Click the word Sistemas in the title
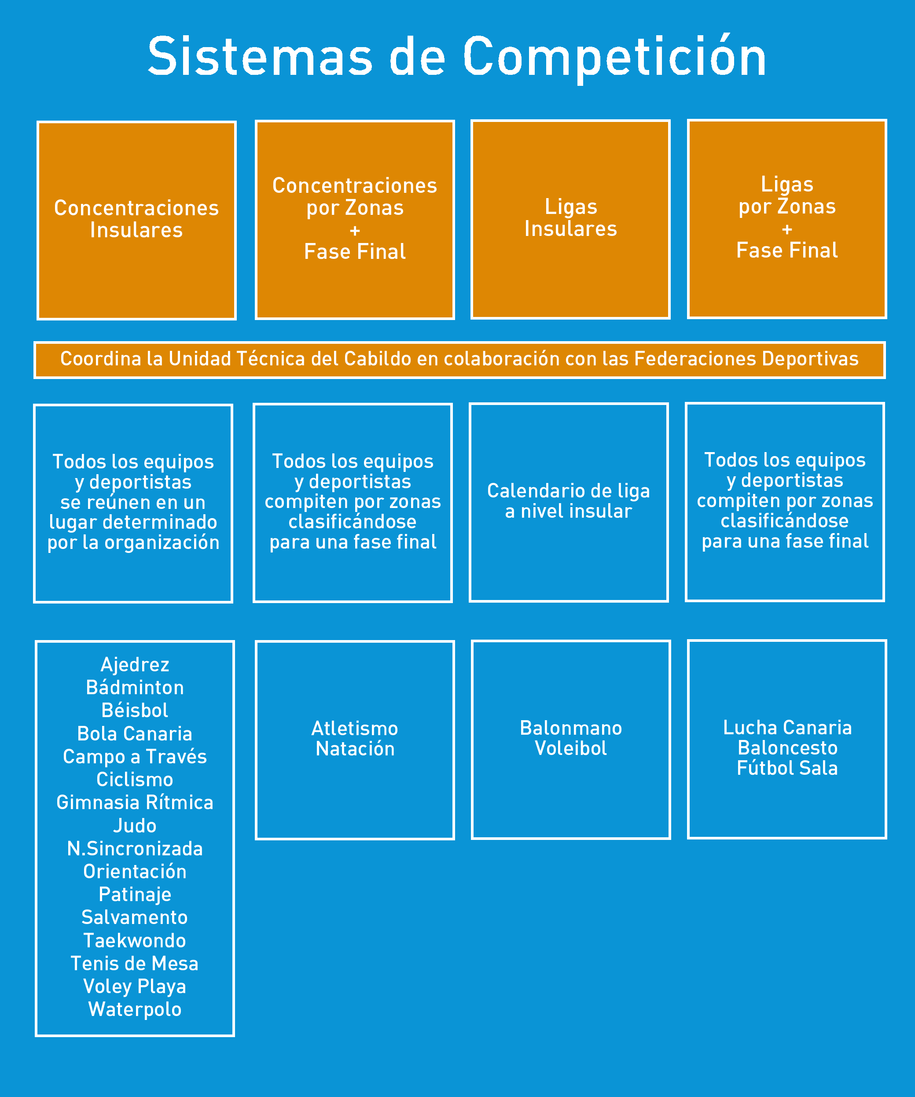(260, 56)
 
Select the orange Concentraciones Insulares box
(136, 220)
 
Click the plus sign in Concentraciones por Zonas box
(355, 230)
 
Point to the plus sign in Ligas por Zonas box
(786, 229)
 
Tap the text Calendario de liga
(568, 491)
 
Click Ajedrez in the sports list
(135, 664)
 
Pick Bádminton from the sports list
(135, 688)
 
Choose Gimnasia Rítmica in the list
(135, 803)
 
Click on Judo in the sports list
(135, 825)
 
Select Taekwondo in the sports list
(135, 940)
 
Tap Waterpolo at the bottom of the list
(135, 1009)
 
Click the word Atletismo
(355, 729)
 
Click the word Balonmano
(571, 728)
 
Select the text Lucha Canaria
(787, 728)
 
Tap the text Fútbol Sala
(787, 768)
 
